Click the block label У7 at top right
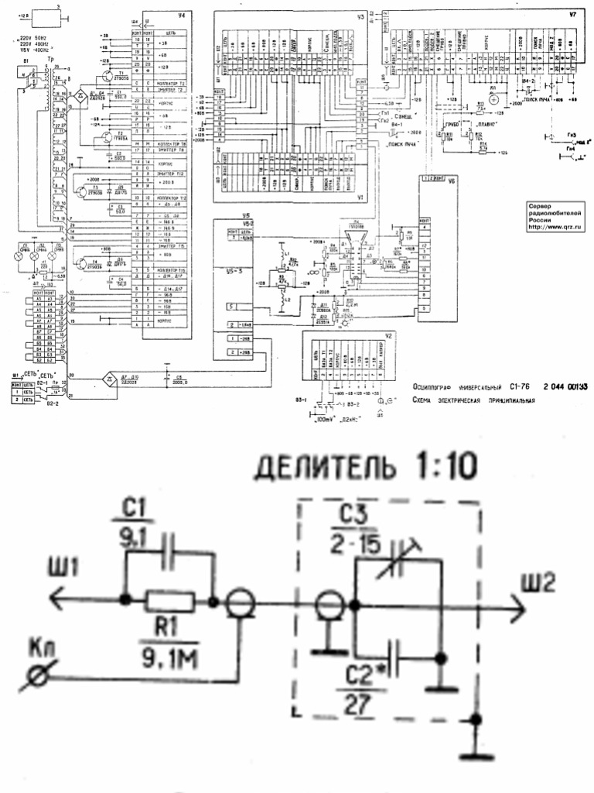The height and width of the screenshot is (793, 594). click(x=572, y=15)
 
